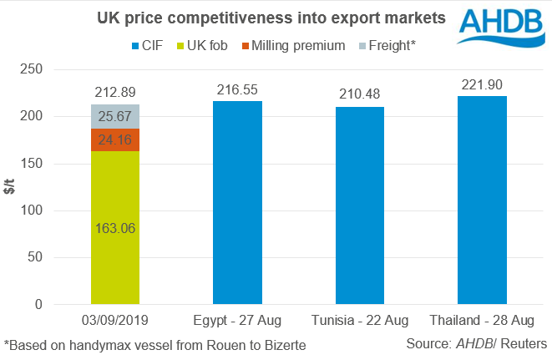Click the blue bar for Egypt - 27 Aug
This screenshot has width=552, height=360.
point(238,203)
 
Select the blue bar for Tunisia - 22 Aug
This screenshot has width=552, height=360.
point(361,205)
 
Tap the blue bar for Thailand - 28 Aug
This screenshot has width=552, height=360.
point(483,200)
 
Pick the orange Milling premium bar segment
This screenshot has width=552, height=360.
point(115,139)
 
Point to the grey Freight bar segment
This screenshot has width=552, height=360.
point(115,116)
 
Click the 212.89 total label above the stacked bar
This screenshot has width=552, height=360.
point(115,93)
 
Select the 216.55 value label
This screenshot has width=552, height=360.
point(238,89)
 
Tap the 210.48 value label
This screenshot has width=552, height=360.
point(361,95)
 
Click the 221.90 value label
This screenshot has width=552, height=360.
point(483,84)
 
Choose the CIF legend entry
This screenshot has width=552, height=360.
point(147,45)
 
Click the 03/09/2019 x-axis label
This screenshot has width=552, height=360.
point(115,321)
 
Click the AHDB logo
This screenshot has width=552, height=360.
point(499,26)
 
